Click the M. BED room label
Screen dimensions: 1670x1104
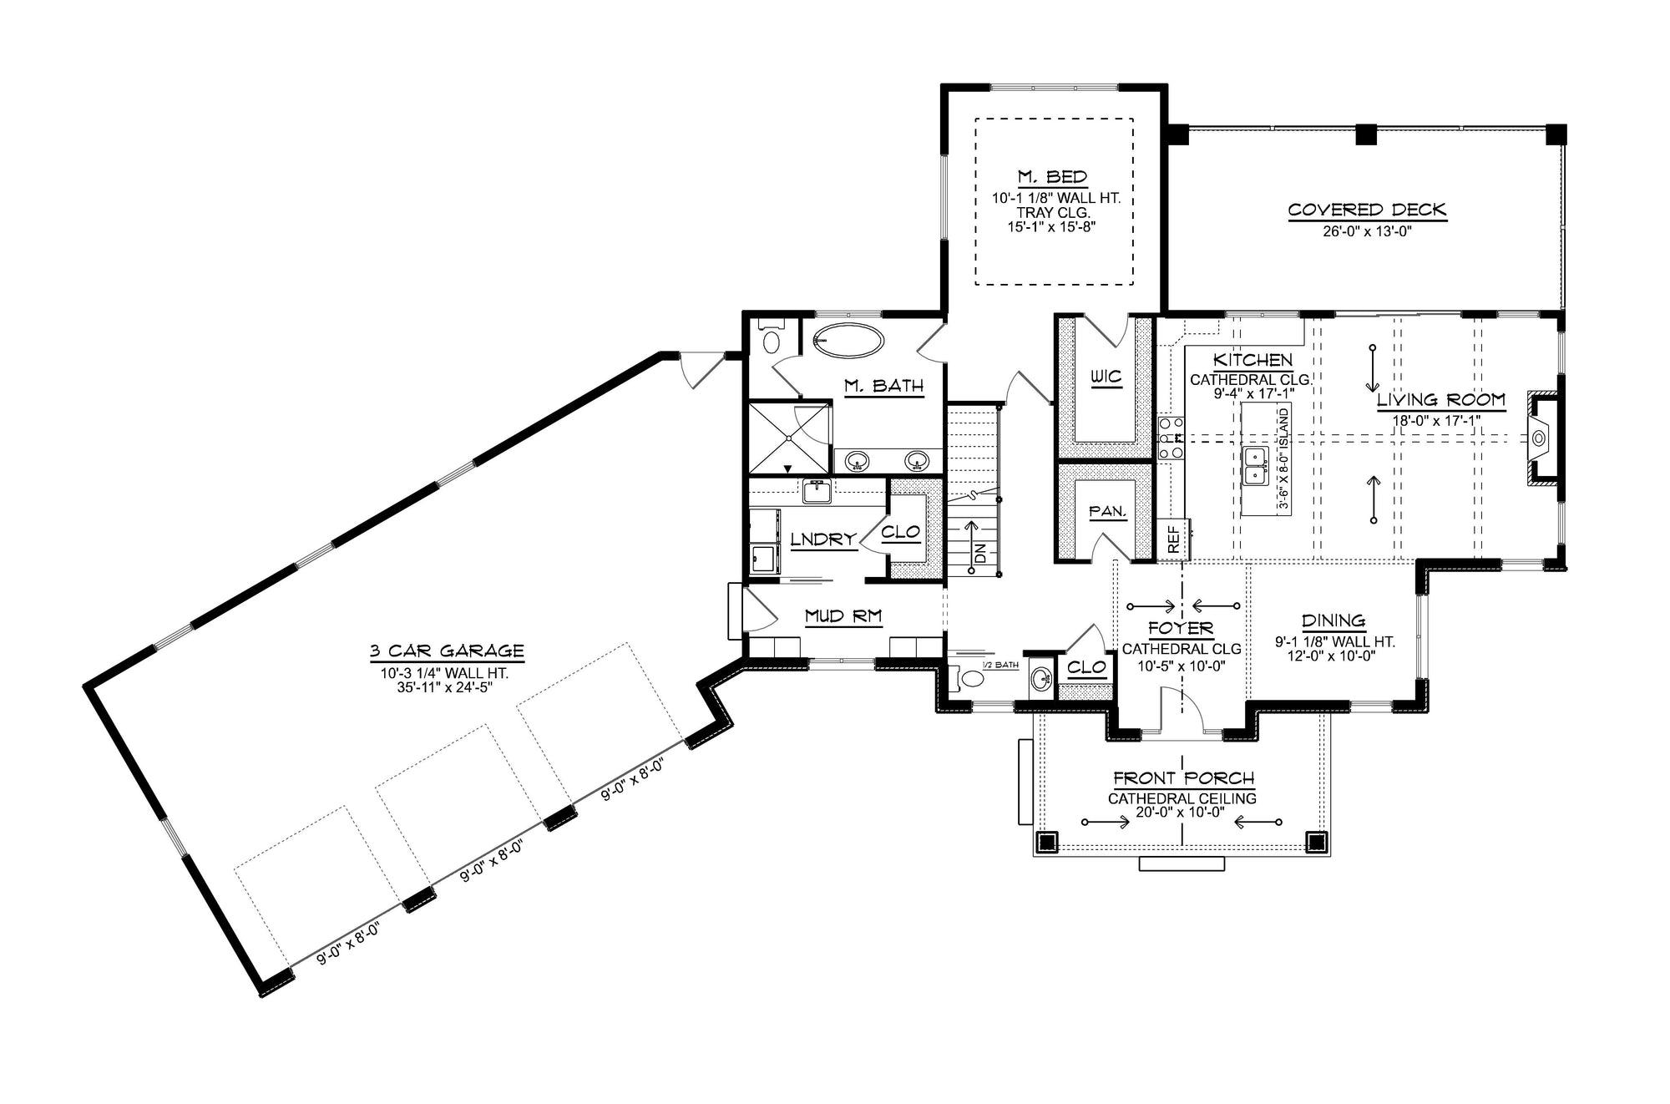coord(1052,177)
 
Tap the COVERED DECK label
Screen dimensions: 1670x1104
coord(1367,210)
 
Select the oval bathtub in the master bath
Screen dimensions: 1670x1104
coord(848,341)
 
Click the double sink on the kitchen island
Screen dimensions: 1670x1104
coord(1253,466)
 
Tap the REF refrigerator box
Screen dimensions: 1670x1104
coord(1174,539)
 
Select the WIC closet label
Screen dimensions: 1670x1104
coord(1107,377)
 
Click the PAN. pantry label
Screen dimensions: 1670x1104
coord(1108,511)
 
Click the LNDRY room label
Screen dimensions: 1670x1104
coord(823,539)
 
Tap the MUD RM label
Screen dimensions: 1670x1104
coord(843,616)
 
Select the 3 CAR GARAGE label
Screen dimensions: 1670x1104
coord(447,651)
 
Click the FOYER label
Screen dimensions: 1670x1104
coord(1181,628)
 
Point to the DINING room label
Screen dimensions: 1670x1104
coord(1333,620)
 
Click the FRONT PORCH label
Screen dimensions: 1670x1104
coord(1183,778)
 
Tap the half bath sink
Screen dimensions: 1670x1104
coord(1040,678)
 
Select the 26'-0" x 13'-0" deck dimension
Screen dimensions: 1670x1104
coord(1367,232)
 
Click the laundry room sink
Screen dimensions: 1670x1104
coord(815,492)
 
